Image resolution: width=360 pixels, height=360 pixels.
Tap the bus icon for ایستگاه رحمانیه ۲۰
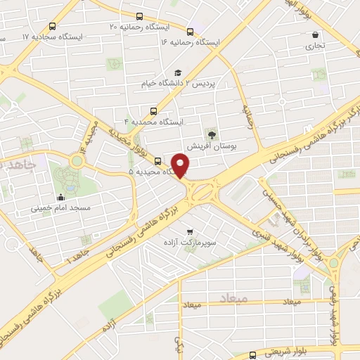(x=139, y=15)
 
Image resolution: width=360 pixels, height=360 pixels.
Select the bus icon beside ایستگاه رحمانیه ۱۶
(x=191, y=31)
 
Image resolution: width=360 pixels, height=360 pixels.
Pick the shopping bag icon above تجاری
(x=315, y=34)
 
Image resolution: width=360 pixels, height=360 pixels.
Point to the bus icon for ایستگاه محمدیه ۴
(x=154, y=110)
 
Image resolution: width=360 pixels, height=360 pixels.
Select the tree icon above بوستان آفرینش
(x=211, y=134)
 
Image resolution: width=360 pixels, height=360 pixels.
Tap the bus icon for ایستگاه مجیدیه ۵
(x=157, y=161)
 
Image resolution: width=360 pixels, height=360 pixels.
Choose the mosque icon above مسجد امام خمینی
(x=61, y=198)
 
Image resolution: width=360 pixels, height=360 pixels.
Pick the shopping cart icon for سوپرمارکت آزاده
(x=189, y=231)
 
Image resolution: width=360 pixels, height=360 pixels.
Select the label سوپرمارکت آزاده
(x=189, y=242)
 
